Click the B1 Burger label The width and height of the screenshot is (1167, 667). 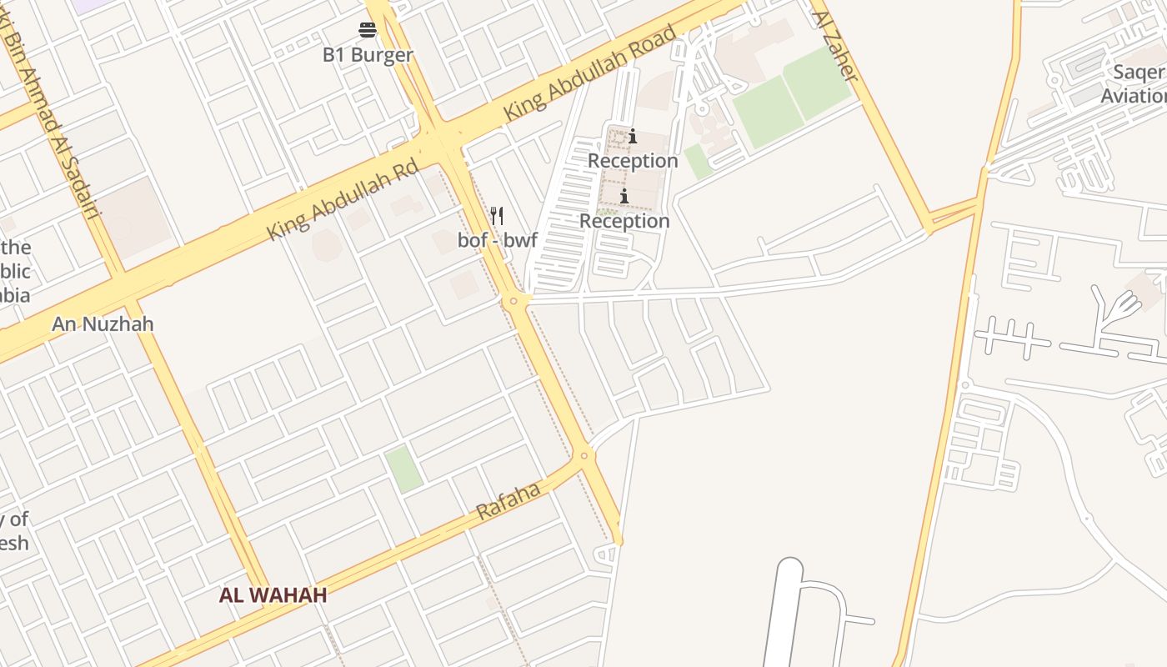pyautogui.click(x=368, y=55)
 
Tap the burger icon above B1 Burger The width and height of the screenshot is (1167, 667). pyautogui.click(x=368, y=31)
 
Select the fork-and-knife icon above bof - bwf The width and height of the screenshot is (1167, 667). pyautogui.click(x=497, y=216)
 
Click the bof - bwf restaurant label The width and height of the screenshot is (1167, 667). pyautogui.click(x=498, y=241)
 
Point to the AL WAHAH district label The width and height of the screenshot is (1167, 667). pyautogui.click(x=273, y=595)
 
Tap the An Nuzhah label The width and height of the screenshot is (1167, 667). pyautogui.click(x=103, y=323)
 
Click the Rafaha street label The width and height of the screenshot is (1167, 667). pyautogui.click(x=508, y=502)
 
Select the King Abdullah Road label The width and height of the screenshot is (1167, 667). pyautogui.click(x=590, y=73)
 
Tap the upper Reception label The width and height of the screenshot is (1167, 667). pyautogui.click(x=633, y=160)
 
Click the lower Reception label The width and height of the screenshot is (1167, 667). pyautogui.click(x=624, y=221)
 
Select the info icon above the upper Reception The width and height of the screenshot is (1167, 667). pyautogui.click(x=633, y=136)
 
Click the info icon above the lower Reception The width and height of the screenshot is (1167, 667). pyautogui.click(x=624, y=196)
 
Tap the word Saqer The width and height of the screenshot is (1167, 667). pyautogui.click(x=1139, y=72)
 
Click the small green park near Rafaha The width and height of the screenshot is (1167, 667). pyautogui.click(x=403, y=469)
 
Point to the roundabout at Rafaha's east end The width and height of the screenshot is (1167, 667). pyautogui.click(x=583, y=455)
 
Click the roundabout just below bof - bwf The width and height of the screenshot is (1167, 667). pyautogui.click(x=514, y=300)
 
